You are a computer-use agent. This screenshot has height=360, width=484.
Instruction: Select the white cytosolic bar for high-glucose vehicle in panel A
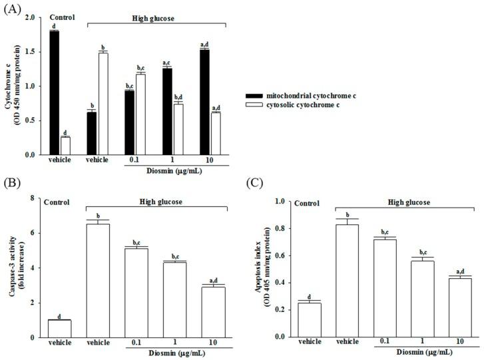pyautogui.click(x=103, y=104)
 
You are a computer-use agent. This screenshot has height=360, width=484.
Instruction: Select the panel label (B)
pyautogui.click(x=12, y=183)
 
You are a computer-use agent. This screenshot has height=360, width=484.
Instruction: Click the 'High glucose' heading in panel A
pyautogui.click(x=156, y=19)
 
